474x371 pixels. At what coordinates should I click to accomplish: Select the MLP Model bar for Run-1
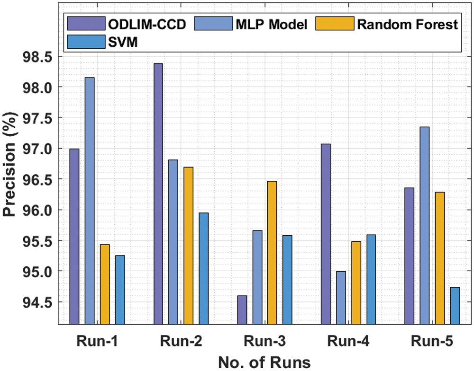90,201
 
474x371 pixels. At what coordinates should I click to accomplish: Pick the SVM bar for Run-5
455,306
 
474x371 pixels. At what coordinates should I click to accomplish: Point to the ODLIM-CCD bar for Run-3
242,310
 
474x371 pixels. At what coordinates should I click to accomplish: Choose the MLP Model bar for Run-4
341,298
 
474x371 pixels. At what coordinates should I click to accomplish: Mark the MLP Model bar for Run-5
424,225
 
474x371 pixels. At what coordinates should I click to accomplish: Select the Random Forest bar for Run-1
105,284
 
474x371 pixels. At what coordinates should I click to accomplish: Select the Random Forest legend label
407,24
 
